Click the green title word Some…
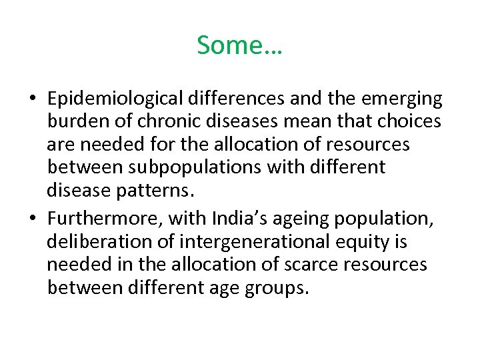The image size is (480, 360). (239, 45)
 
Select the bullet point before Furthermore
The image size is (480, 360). (32, 219)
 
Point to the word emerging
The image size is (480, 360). (401, 99)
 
